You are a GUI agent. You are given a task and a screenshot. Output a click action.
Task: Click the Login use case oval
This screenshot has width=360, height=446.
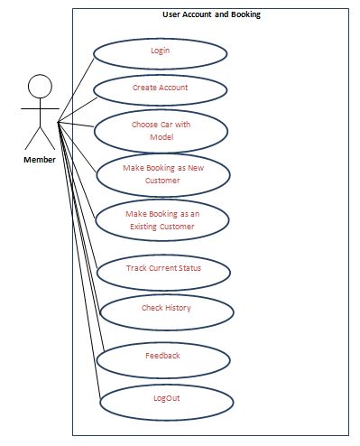tap(160, 51)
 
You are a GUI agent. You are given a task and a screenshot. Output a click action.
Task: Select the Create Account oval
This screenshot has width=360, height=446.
tap(160, 88)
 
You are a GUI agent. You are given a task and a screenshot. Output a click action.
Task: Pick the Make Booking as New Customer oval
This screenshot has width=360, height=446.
tap(163, 174)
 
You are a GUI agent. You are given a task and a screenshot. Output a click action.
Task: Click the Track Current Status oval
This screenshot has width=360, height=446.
tap(163, 268)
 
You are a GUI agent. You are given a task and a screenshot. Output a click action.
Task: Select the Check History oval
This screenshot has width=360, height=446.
tap(166, 308)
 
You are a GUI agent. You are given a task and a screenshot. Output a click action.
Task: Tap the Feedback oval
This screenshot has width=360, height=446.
tap(162, 356)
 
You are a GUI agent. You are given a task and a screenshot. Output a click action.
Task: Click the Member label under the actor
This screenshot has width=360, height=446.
tap(39, 159)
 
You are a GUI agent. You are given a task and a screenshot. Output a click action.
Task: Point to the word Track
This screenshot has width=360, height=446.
tap(135, 268)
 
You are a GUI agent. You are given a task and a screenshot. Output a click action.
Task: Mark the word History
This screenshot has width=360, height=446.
tap(178, 308)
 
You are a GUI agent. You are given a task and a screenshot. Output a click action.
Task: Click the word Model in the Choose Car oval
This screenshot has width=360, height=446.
tap(162, 137)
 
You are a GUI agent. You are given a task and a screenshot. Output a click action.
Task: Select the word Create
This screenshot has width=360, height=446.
tap(144, 88)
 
